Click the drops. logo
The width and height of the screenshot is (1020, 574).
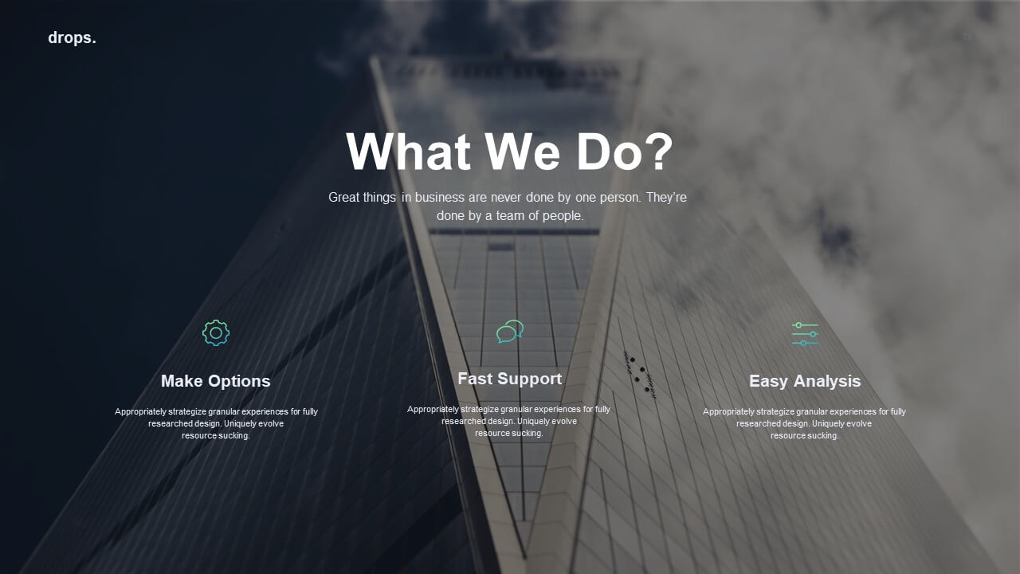(72, 38)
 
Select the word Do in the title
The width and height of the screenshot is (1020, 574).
(608, 151)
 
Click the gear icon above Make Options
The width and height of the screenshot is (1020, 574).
(216, 333)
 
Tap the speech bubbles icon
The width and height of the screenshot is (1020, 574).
(510, 331)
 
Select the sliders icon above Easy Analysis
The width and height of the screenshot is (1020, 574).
(805, 334)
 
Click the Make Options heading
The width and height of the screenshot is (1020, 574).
(216, 381)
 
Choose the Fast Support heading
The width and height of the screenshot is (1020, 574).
(509, 379)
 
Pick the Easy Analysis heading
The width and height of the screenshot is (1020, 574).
(805, 381)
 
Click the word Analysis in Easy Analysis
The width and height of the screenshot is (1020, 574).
(827, 381)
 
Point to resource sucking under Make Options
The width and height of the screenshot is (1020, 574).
(216, 435)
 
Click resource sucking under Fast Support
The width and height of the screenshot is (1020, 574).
(509, 433)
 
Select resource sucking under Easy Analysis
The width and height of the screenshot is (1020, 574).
(804, 435)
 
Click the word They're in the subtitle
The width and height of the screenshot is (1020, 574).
(666, 197)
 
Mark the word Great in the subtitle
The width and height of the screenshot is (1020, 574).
(346, 197)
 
